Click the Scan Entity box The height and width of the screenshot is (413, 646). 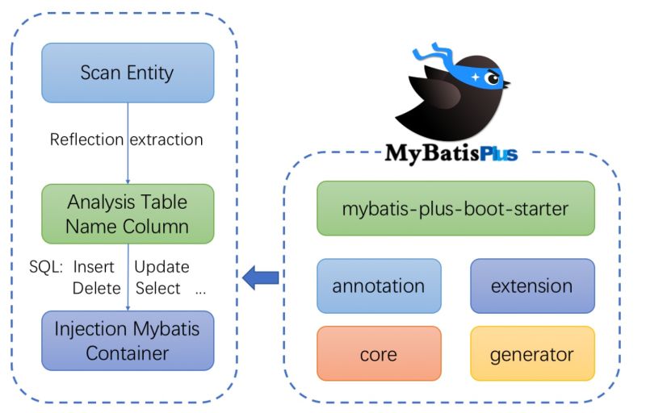(128, 73)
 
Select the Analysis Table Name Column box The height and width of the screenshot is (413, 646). (128, 214)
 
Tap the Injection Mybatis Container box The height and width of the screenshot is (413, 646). (128, 341)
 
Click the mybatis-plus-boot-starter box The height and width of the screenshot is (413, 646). (455, 208)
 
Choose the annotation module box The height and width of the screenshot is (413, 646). (379, 286)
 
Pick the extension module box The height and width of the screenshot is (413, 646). (532, 286)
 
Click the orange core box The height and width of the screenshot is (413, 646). (379, 353)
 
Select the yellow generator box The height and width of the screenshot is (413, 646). (532, 353)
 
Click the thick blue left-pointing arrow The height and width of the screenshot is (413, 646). (261, 278)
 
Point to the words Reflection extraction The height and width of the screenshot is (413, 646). (126, 140)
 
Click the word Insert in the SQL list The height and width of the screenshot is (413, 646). (94, 267)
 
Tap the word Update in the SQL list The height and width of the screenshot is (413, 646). (161, 267)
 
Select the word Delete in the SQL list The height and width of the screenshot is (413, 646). (95, 288)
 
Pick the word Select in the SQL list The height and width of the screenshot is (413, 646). (158, 288)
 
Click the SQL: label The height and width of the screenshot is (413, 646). (46, 267)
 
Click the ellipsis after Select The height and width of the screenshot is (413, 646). (201, 290)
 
